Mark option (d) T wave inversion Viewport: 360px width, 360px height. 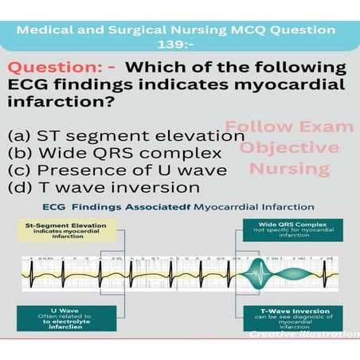tap(103, 188)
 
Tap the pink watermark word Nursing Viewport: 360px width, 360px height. tap(289, 168)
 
